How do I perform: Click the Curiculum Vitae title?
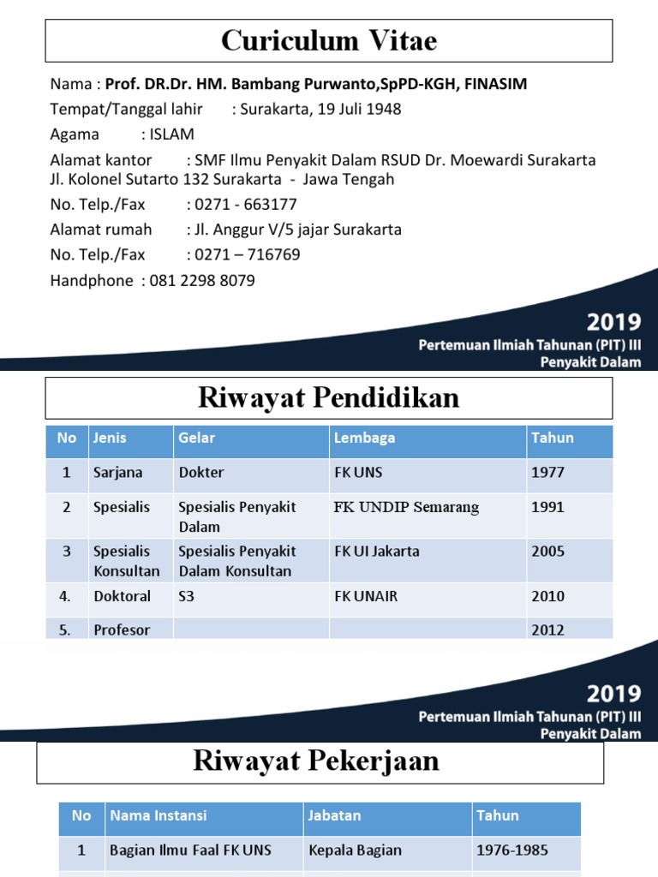coord(329,40)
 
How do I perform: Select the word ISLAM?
coord(171,134)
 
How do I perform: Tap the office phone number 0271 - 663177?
coord(246,205)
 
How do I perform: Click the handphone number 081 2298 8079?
coord(202,281)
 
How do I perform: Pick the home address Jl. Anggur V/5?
coord(249,230)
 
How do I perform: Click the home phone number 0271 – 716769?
coord(248,255)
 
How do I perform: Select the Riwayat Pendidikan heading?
coord(329,397)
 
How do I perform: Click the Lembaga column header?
coord(364,438)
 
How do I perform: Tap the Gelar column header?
coord(196,438)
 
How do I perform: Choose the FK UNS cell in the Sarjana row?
coord(359,472)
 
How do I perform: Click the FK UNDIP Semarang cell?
coord(406,507)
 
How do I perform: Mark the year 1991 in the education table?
coord(547,507)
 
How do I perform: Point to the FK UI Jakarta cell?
coord(376,552)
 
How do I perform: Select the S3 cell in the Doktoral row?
coord(187,596)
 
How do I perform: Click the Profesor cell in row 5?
coord(122,629)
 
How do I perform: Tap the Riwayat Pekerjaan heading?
coord(316,761)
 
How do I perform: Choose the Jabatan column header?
coord(334,816)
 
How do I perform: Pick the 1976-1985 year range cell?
coord(512,850)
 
